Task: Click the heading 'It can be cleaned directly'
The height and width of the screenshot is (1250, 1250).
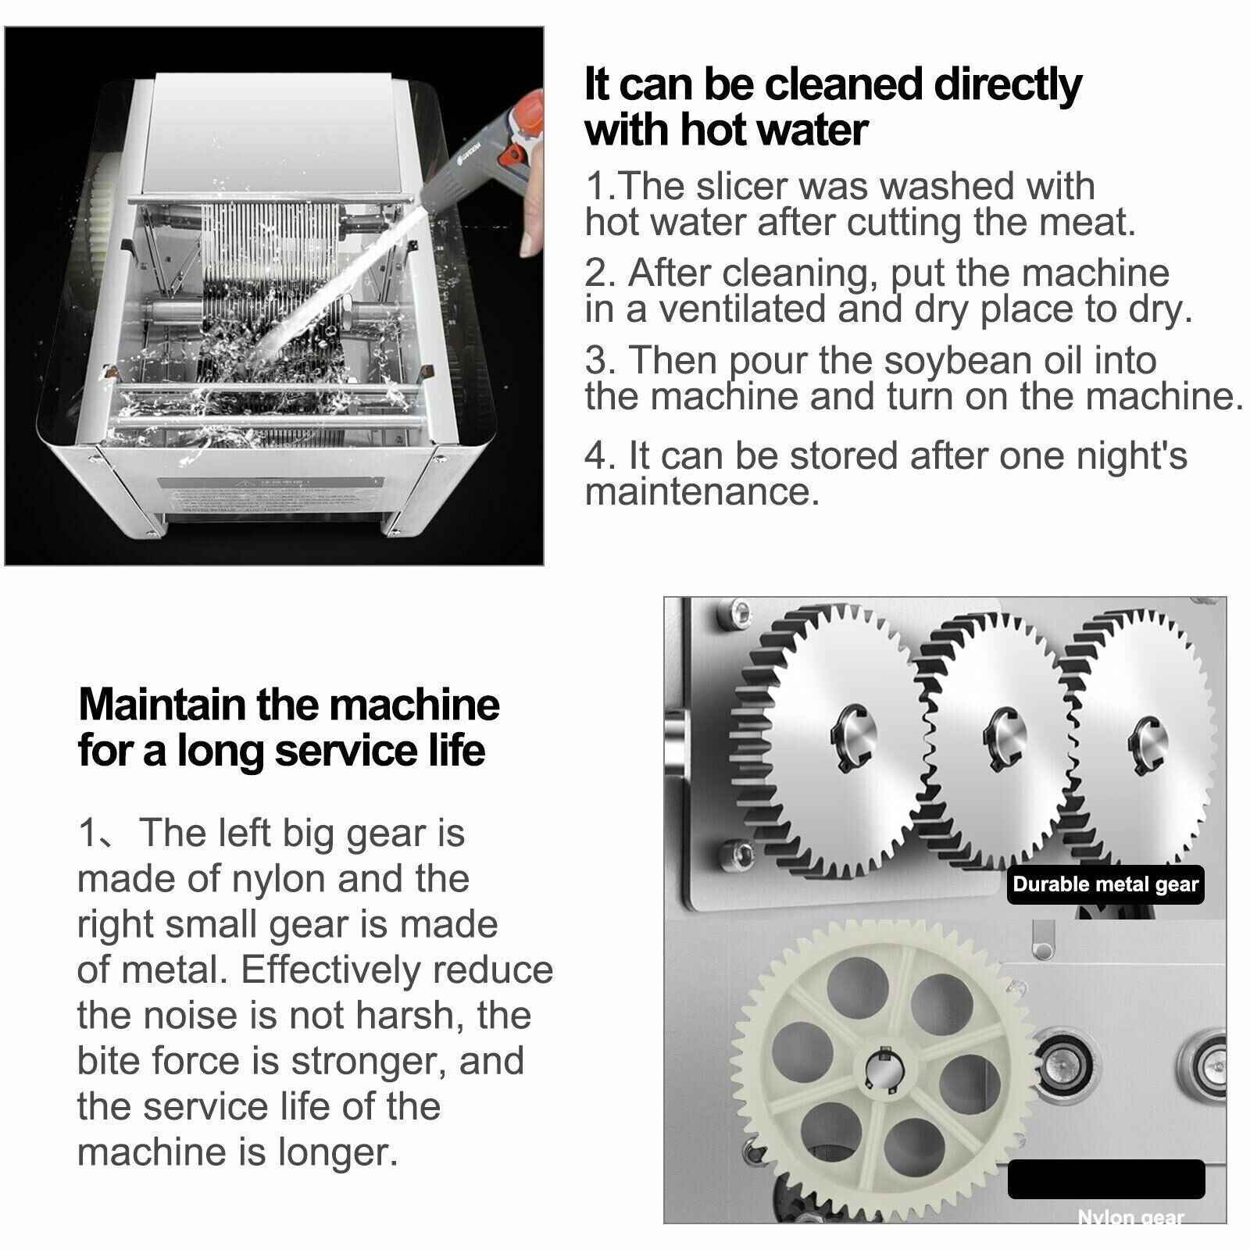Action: point(833,86)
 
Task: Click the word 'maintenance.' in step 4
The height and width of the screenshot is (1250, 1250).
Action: point(702,492)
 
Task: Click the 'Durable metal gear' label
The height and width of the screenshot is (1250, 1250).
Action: point(1105,884)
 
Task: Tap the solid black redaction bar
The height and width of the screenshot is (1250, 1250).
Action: point(1106,1180)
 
